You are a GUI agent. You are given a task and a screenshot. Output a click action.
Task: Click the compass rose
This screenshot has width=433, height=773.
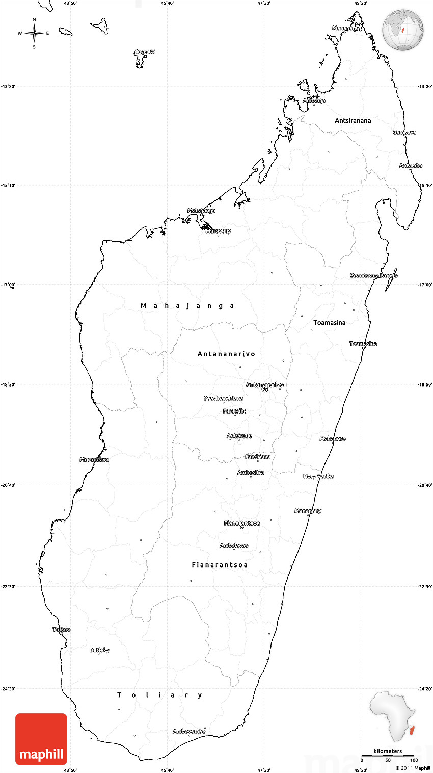[34, 33]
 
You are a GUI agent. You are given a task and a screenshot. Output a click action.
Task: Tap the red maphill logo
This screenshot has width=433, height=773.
[41, 739]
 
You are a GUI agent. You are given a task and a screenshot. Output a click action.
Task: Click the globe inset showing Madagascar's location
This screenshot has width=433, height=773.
[403, 30]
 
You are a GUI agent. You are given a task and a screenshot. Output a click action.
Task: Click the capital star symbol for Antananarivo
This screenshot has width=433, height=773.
[265, 389]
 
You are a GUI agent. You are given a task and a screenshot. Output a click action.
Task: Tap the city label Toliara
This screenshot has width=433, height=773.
[62, 630]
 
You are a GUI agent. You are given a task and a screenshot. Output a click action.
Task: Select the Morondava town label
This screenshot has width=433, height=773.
[94, 460]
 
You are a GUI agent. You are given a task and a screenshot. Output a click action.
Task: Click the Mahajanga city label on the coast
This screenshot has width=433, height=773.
[201, 211]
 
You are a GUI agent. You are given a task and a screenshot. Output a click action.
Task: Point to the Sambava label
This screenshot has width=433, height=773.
[404, 132]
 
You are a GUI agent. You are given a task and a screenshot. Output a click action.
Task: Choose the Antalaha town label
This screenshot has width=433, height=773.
[411, 166]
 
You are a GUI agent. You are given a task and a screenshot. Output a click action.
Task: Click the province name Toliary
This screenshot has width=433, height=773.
[160, 695]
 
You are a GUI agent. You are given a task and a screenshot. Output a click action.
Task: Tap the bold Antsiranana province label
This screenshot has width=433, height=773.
[353, 121]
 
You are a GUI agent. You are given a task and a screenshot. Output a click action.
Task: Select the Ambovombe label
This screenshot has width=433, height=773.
[189, 731]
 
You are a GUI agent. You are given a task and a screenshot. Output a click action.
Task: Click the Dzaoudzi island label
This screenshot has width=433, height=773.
[145, 52]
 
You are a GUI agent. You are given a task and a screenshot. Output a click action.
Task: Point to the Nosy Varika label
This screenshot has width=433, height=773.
[318, 476]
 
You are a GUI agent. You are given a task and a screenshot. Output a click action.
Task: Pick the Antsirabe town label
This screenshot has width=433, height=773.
[239, 436]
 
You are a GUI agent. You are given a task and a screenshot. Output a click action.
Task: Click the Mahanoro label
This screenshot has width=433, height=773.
[333, 439]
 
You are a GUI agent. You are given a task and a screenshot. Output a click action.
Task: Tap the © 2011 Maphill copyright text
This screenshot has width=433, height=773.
[413, 768]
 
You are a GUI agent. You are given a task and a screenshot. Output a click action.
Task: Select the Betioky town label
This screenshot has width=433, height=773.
[99, 650]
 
